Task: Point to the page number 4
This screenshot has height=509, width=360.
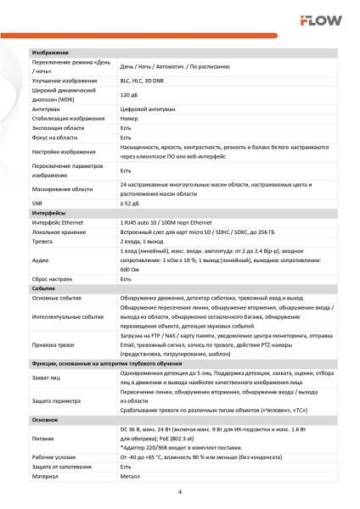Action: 180,491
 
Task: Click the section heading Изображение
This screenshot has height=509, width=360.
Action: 50,54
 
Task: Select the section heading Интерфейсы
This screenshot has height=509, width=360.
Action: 50,212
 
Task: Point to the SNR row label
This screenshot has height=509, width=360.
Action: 37,204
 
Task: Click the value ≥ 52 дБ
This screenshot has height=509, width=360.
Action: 131,204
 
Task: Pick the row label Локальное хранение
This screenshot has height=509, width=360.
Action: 61,232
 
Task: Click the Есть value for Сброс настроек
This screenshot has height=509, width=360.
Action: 127,280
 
